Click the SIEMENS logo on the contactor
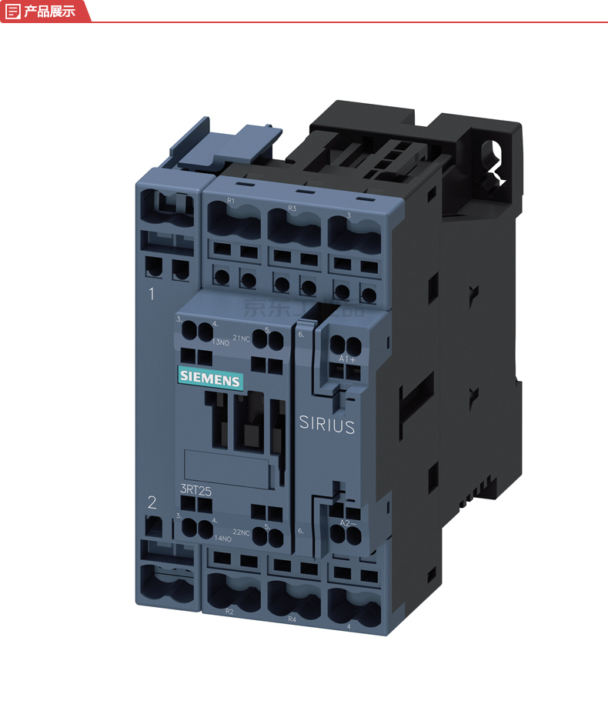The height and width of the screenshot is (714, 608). (x=210, y=379)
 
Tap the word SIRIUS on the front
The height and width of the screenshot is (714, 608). (x=327, y=425)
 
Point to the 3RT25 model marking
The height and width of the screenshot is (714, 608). (x=195, y=489)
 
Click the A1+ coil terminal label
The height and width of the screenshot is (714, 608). (x=346, y=359)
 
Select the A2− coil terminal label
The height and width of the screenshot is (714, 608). (x=349, y=523)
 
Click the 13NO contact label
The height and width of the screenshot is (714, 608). (x=199, y=342)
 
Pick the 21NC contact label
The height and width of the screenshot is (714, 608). (x=241, y=337)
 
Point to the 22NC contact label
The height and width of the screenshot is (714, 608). (x=242, y=532)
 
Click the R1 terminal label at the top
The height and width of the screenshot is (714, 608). (x=230, y=201)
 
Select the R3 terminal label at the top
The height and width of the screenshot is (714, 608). (x=292, y=209)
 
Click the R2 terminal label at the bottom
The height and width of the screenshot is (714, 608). (x=229, y=611)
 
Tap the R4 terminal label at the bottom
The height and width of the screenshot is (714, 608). (x=292, y=618)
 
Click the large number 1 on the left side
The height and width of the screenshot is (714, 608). (x=152, y=293)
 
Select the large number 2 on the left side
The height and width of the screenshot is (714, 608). (x=152, y=502)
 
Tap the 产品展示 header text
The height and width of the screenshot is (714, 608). (x=49, y=11)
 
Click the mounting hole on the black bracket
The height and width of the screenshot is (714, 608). (x=493, y=158)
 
